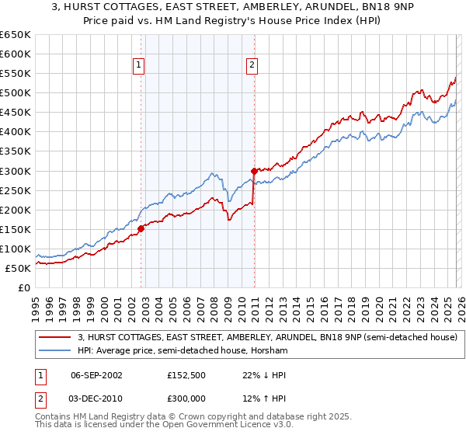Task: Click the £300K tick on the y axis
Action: click(x=16, y=171)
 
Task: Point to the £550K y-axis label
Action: click(x=16, y=74)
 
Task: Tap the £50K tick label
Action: click(x=19, y=268)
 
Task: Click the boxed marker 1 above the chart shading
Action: click(x=139, y=66)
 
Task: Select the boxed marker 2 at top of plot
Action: click(x=252, y=66)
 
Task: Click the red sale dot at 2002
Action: click(x=141, y=228)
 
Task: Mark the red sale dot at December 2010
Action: click(x=254, y=171)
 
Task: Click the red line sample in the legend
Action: click(x=55, y=337)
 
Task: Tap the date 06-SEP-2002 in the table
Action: click(x=96, y=374)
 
